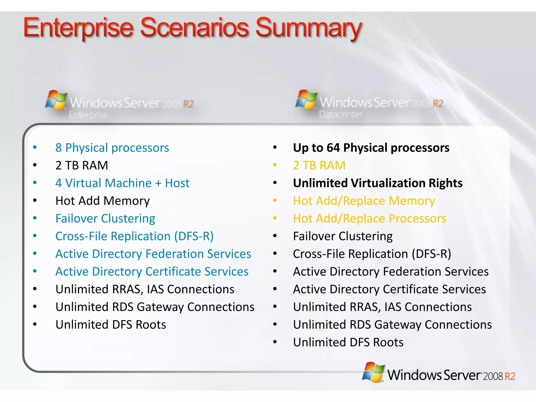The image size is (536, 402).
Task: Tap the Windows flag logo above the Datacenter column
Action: pyautogui.click(x=306, y=99)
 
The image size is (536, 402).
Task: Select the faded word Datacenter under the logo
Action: pyautogui.click(x=341, y=114)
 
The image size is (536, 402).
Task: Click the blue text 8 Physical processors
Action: pyautogui.click(x=112, y=148)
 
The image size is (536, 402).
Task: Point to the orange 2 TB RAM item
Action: pyautogui.click(x=319, y=165)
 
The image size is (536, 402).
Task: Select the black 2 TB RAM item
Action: pyautogui.click(x=82, y=165)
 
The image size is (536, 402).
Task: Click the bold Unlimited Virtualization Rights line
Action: pyautogui.click(x=378, y=183)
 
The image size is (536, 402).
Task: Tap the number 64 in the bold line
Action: pyautogui.click(x=333, y=148)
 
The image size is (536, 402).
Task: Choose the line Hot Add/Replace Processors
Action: pyautogui.click(x=370, y=219)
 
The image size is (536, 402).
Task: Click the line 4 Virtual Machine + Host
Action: pyautogui.click(x=122, y=183)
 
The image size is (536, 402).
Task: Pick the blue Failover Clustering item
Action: pyautogui.click(x=105, y=219)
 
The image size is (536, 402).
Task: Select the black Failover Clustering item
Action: pyautogui.click(x=343, y=236)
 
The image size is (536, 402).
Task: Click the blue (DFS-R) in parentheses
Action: pyautogui.click(x=194, y=236)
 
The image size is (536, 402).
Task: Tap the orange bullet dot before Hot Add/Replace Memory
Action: pyautogui.click(x=275, y=201)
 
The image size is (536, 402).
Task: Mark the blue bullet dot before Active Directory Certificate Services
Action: pyautogui.click(x=35, y=271)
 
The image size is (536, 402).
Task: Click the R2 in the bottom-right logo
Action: pyautogui.click(x=510, y=376)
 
